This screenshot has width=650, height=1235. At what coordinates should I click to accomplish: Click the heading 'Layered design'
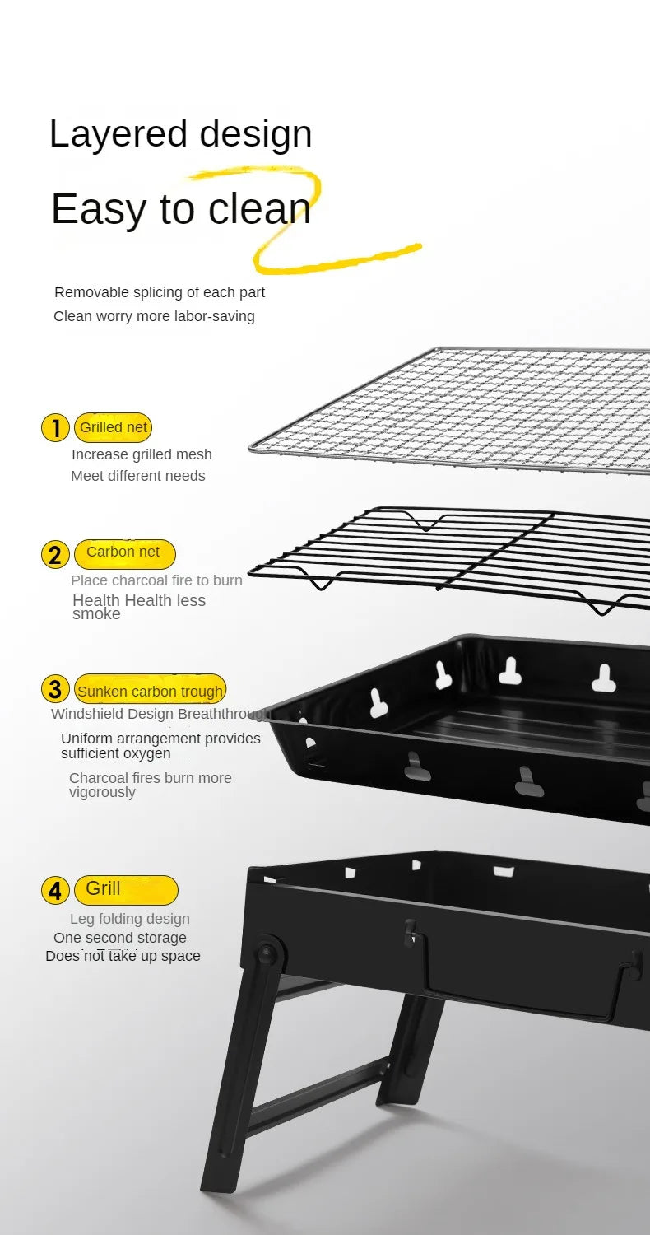[x=180, y=134]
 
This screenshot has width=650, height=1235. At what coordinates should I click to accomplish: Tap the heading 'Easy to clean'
[x=181, y=209]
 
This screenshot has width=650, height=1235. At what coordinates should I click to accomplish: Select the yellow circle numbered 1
[x=55, y=428]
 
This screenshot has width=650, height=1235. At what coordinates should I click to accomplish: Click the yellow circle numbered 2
[x=55, y=555]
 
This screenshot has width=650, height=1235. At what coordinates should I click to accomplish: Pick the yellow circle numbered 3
[x=55, y=689]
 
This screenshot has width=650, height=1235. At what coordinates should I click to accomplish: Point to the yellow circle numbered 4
[x=55, y=891]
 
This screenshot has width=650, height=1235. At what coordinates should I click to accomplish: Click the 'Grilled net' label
[x=114, y=427]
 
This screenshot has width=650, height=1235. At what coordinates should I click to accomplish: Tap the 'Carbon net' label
[x=123, y=552]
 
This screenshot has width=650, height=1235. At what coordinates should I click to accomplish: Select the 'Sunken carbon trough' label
[x=150, y=691]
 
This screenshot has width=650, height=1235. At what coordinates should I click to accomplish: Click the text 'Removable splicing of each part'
[x=160, y=292]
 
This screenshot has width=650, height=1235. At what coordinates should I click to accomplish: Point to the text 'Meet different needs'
[x=138, y=476]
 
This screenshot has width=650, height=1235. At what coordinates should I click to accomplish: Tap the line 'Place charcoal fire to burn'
[x=156, y=580]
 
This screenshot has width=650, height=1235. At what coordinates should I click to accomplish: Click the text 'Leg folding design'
[x=130, y=919]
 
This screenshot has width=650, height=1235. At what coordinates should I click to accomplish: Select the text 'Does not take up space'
[x=123, y=956]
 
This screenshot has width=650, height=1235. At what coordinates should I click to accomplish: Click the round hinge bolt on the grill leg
[x=266, y=955]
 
